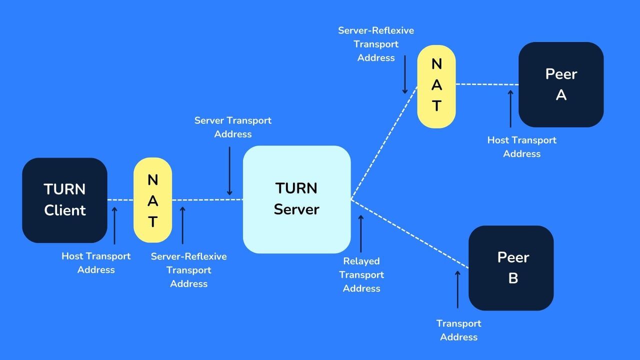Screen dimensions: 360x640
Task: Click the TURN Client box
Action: click(64, 200)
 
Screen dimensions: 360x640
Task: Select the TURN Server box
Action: click(296, 199)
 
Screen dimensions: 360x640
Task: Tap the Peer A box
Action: click(561, 84)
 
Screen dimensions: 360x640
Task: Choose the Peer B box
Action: click(511, 267)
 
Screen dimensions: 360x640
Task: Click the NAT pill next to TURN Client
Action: click(152, 200)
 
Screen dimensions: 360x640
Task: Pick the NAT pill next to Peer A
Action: click(436, 86)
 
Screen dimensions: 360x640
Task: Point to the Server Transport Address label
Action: click(233, 127)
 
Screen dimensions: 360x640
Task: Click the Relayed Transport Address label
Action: click(361, 274)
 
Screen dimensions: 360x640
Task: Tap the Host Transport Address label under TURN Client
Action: click(96, 262)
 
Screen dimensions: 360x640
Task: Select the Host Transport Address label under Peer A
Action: click(522, 147)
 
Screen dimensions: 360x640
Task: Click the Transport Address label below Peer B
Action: click(458, 330)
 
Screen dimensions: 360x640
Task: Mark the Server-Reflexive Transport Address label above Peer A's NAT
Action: click(376, 44)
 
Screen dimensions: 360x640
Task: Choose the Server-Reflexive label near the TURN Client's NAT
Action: click(188, 270)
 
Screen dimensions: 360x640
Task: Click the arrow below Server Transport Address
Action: click(229, 170)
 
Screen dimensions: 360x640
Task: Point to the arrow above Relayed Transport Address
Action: click(361, 233)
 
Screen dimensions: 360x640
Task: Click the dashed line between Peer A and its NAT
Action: click(487, 84)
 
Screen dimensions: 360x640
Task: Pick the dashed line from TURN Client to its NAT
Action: click(120, 200)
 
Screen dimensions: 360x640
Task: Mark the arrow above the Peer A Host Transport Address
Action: click(510, 108)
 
